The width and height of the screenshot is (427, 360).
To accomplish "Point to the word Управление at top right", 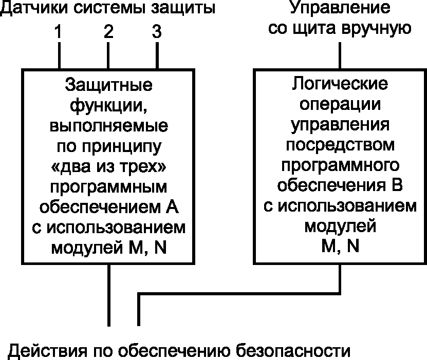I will pos(339,8).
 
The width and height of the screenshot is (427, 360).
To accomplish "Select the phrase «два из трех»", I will pos(109,167).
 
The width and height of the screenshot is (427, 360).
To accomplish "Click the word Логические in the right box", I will pos(340,84).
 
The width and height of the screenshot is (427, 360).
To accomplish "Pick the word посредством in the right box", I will pos(340,145).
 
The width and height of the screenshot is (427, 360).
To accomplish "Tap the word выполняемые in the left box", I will pos(109,126).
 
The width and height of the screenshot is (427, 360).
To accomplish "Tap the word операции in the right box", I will pos(340,104).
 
